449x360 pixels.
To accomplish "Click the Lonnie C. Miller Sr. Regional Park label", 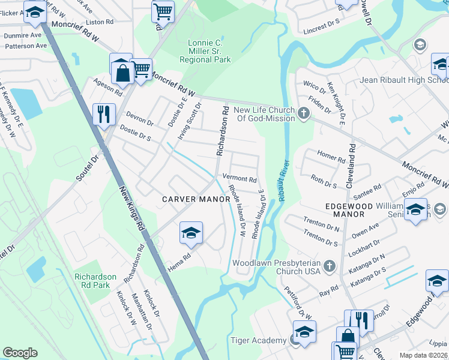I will [x=209, y=52].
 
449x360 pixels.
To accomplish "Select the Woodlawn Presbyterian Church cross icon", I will [x=328, y=265].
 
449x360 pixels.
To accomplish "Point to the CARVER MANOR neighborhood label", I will [x=196, y=199].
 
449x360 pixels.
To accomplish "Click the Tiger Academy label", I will [x=259, y=341].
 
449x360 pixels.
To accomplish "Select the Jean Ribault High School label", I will [x=403, y=80].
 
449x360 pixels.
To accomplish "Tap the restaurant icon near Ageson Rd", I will [x=104, y=114].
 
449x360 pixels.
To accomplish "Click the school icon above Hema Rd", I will [x=190, y=233].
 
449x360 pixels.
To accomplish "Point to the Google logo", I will [x=20, y=352].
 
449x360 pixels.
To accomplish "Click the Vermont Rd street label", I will [x=240, y=178].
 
